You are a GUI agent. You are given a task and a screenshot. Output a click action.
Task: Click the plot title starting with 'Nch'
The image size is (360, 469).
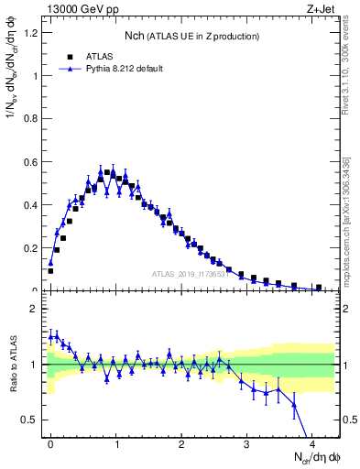[x=191, y=35]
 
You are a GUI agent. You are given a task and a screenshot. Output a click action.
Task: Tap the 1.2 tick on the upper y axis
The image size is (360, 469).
[x=31, y=33]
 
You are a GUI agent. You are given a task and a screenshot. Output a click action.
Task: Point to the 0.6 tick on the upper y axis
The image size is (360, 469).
[x=31, y=162]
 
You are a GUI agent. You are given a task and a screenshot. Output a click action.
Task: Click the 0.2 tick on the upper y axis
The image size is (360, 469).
[x=31, y=248]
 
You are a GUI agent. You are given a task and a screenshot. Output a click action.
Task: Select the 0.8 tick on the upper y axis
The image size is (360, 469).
[x=31, y=119]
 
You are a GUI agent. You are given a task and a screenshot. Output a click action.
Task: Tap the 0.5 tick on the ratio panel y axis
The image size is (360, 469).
[x=31, y=420]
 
